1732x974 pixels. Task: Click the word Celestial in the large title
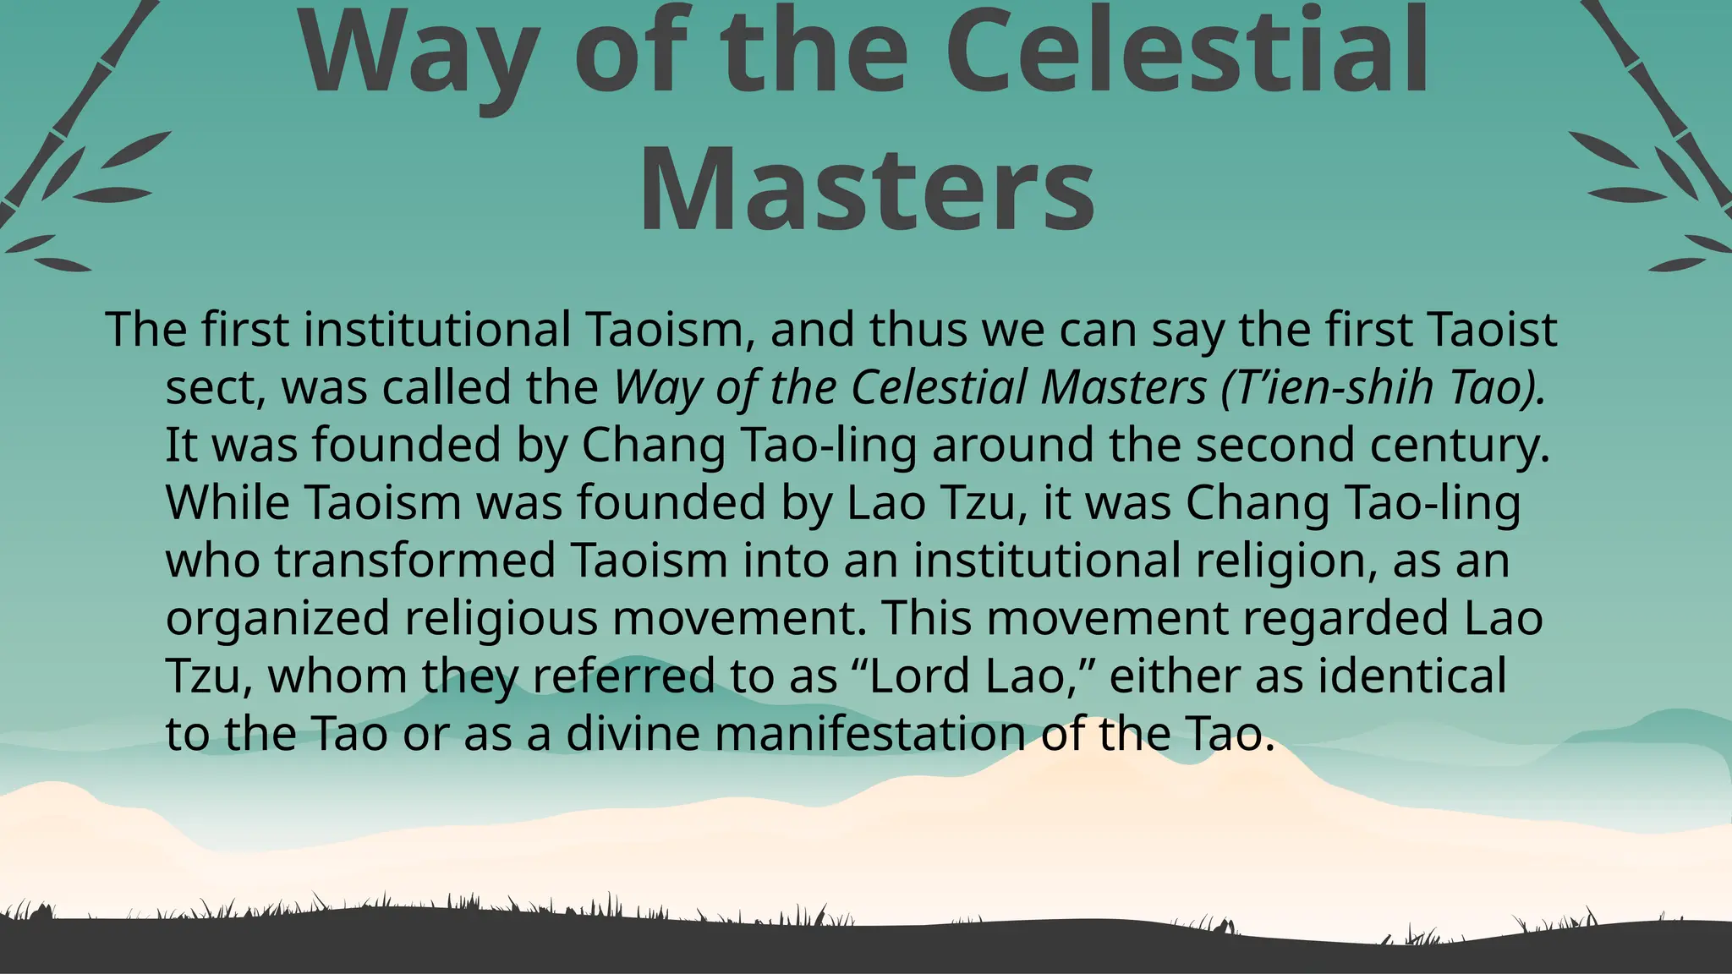tap(1192, 52)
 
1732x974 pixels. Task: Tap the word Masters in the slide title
tap(866, 188)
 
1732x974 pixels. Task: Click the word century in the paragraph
tap(1460, 446)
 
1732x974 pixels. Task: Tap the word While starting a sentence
tap(227, 502)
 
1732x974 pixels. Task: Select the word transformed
tap(415, 560)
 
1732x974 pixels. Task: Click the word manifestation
tap(870, 733)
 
